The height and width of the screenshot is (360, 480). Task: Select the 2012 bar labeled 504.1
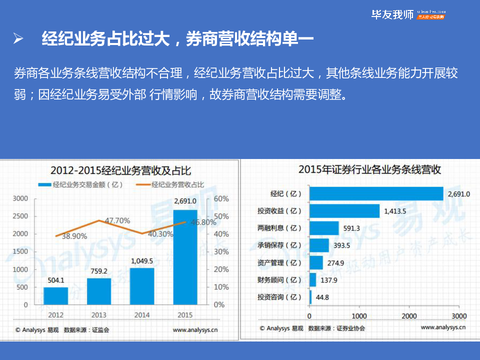(55, 295)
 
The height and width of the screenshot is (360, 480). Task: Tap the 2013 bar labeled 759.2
(99, 291)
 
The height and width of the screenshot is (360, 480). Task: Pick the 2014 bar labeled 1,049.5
(142, 286)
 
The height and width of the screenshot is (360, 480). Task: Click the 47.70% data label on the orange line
(118, 220)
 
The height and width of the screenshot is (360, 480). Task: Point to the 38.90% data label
(74, 236)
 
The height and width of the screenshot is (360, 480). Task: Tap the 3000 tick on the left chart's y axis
(20, 198)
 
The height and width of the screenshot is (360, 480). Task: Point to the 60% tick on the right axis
(221, 198)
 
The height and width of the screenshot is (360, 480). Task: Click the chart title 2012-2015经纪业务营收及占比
(120, 169)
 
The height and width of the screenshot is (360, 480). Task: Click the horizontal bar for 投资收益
(344, 211)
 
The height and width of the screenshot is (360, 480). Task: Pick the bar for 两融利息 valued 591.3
(324, 228)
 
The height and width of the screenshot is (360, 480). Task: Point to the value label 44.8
(321, 297)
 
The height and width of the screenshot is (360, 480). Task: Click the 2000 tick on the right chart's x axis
(409, 316)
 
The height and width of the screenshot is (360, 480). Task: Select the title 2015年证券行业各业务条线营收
(369, 169)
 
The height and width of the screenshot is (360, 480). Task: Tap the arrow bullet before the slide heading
(18, 39)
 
